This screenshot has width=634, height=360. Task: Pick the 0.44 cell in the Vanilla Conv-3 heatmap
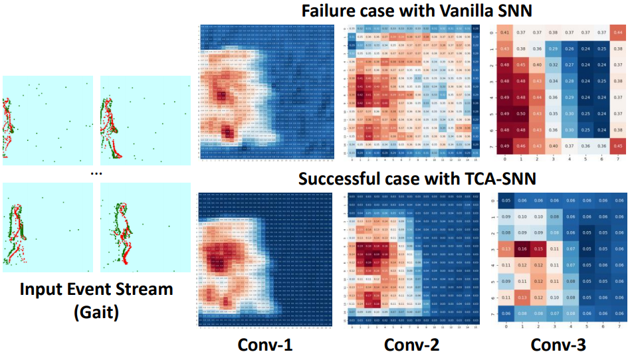click(617, 33)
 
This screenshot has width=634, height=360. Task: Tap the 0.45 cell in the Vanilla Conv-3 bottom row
click(617, 146)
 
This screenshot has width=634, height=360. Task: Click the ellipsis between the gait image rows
click(96, 172)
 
